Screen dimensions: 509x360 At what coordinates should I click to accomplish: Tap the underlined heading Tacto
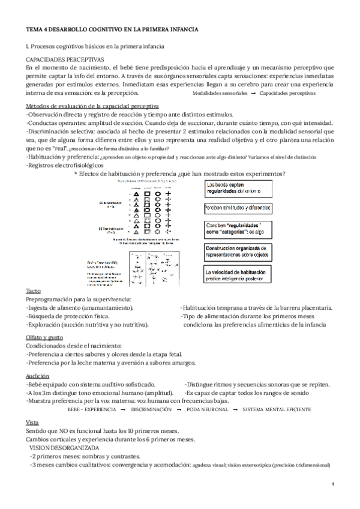34,290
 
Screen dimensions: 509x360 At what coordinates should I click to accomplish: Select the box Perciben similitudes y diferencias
238,208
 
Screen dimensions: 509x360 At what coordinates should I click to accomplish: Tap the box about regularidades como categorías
238,230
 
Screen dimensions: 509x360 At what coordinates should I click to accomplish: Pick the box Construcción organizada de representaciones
238,251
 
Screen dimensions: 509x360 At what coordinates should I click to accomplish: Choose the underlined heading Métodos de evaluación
92,106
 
